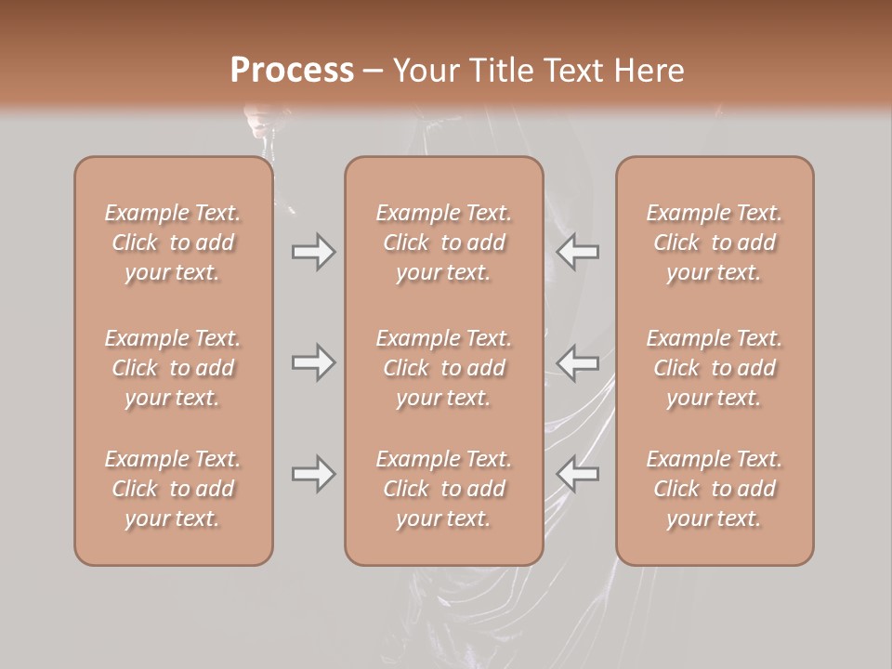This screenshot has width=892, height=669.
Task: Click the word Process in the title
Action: coord(292,70)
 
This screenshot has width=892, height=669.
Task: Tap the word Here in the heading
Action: coord(647,71)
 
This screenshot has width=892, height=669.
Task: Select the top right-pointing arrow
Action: coord(313,252)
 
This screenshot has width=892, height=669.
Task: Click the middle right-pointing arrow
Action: coord(313,362)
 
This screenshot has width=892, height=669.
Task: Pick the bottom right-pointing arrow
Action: coord(313,474)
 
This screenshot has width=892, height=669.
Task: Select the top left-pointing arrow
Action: coord(578,252)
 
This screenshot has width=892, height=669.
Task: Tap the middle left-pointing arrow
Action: coord(578,362)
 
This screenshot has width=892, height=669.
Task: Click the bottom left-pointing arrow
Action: coord(578,474)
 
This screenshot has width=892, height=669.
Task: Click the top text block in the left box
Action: coord(173,243)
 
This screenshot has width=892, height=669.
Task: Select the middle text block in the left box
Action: coord(173,368)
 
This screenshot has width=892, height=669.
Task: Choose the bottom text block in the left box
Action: coord(173,489)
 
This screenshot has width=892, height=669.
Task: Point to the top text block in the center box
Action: coord(443,243)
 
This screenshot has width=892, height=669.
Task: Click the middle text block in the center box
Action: coord(443,368)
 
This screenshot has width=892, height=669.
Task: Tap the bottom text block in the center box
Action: coord(443,489)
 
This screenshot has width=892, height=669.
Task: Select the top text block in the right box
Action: coord(714,243)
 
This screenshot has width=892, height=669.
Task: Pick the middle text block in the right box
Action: coord(714,368)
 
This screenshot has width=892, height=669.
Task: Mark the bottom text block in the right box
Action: coord(714,489)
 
